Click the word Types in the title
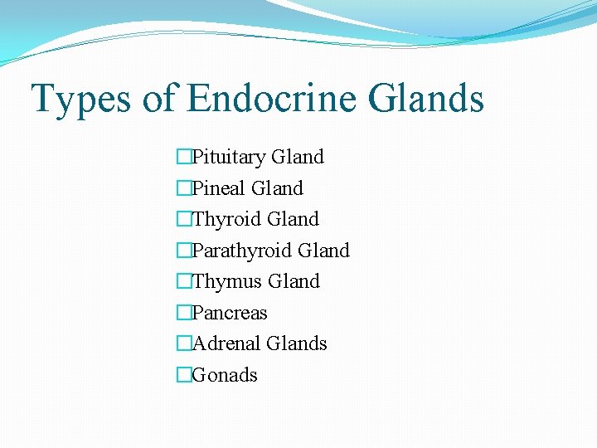[80, 99]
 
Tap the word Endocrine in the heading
[270, 99]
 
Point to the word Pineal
[218, 188]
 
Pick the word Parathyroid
[241, 251]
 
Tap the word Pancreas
[230, 313]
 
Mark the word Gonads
[225, 375]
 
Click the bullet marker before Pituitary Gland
[183, 157]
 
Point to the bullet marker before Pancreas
[183, 313]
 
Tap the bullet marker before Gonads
[183, 375]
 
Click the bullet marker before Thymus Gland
[183, 281]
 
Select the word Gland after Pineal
[277, 188]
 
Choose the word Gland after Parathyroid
[323, 251]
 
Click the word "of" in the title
[158, 99]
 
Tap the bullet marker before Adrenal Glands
[183, 343]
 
